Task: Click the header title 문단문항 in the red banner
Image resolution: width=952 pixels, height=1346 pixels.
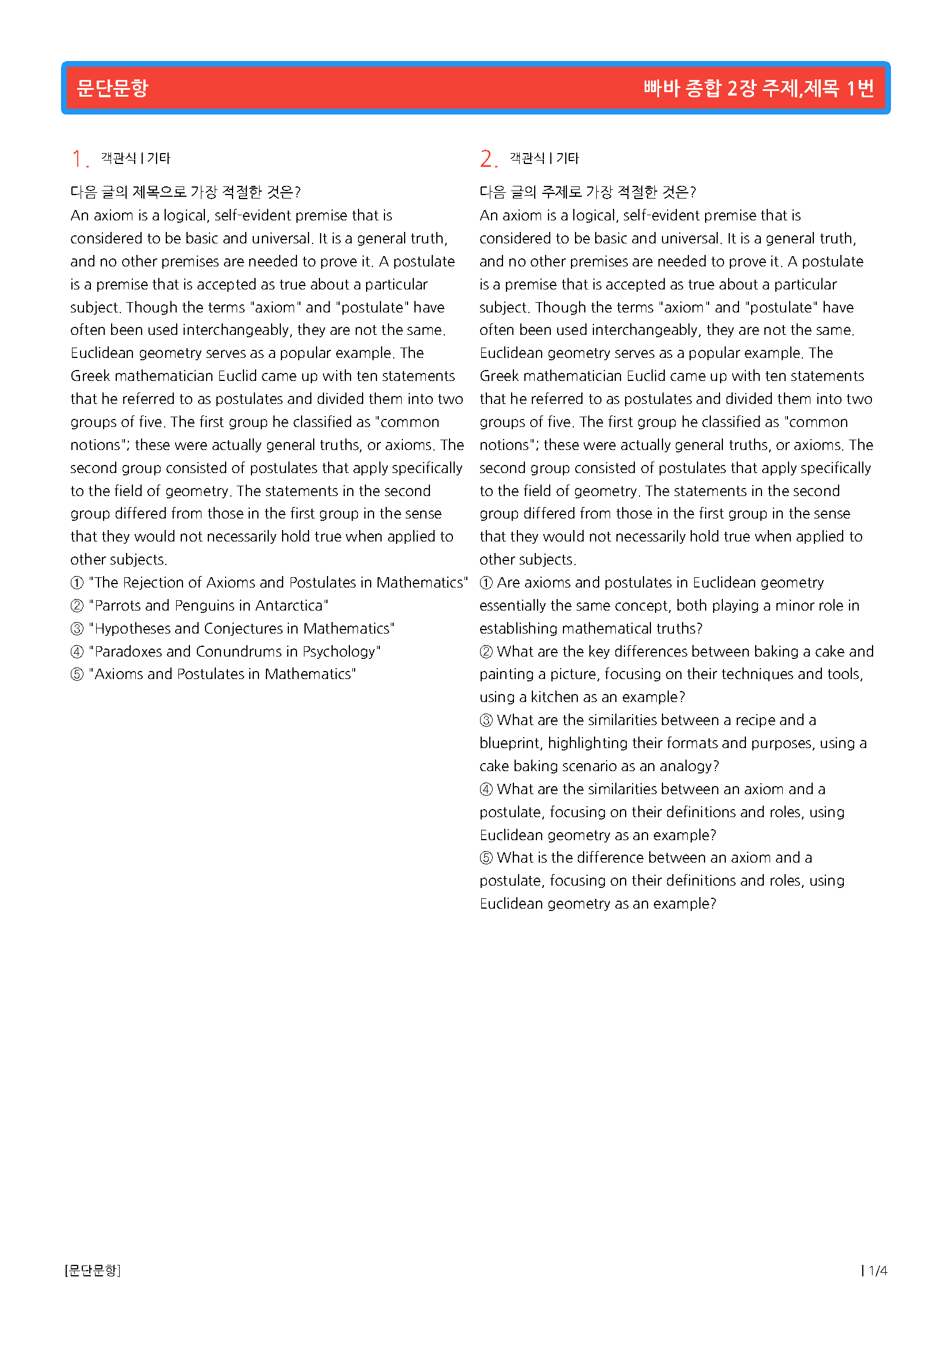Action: pyautogui.click(x=113, y=88)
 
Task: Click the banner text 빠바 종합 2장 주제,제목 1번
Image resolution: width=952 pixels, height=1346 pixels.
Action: pyautogui.click(x=759, y=88)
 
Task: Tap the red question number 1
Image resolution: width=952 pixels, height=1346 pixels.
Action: pyautogui.click(x=77, y=159)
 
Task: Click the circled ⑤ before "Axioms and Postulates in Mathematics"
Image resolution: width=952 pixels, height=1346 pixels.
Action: pyautogui.click(x=77, y=674)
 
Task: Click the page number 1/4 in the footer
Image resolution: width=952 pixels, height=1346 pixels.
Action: pyautogui.click(x=878, y=1271)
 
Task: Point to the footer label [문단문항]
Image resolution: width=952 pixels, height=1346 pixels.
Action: pyautogui.click(x=93, y=1271)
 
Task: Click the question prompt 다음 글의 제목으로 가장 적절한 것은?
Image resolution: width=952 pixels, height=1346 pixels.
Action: pyautogui.click(x=185, y=192)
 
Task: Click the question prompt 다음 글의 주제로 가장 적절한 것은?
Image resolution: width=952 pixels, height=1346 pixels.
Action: pyautogui.click(x=588, y=192)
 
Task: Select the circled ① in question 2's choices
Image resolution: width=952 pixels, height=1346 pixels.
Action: pyautogui.click(x=486, y=583)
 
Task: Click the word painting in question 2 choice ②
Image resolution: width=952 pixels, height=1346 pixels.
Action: pyautogui.click(x=505, y=674)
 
